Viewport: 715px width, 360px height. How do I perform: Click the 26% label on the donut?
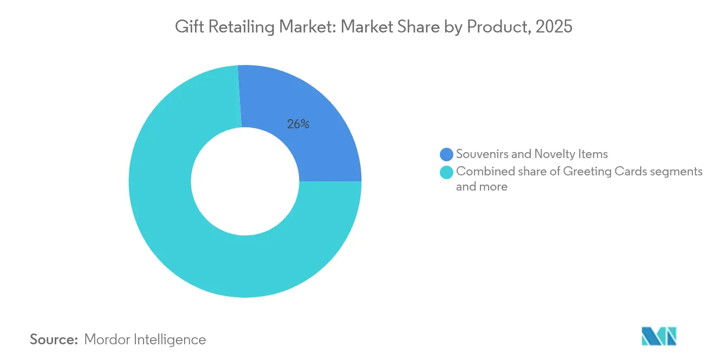pos(298,124)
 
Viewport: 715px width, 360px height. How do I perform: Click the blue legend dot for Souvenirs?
pos(447,154)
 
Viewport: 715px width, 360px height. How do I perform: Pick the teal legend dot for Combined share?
pos(447,173)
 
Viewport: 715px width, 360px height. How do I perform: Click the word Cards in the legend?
pos(632,172)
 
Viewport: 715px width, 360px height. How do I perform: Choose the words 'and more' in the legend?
pos(482,187)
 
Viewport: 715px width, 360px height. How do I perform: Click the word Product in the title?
pos(493,27)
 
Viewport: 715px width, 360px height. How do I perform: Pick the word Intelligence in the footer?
pos(173,339)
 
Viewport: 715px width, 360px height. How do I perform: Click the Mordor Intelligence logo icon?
pos(659,336)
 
